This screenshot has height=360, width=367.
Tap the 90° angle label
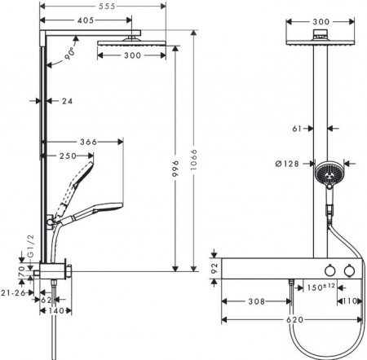pos(71,55)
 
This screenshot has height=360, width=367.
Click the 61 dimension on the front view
pos(298,128)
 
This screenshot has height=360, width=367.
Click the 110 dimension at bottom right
pos(350,300)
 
